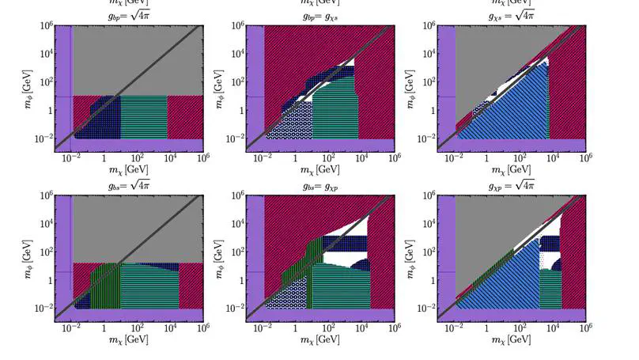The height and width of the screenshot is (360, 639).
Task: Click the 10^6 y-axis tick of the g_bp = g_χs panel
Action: pyautogui.click(x=233, y=26)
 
